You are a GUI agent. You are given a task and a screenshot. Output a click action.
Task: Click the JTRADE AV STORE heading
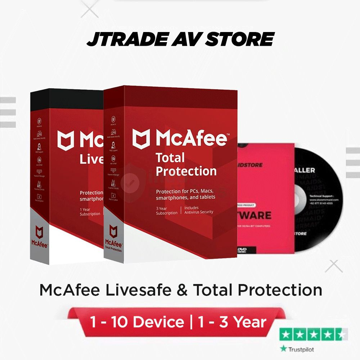[x=180, y=39]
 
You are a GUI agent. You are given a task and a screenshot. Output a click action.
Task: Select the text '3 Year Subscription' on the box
[x=167, y=210]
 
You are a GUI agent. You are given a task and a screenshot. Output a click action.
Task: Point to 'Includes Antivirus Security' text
[x=199, y=210]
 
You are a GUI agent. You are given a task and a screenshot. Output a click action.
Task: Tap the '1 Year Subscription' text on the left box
[x=90, y=211]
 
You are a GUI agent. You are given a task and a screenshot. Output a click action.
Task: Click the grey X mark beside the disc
[x=334, y=266]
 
